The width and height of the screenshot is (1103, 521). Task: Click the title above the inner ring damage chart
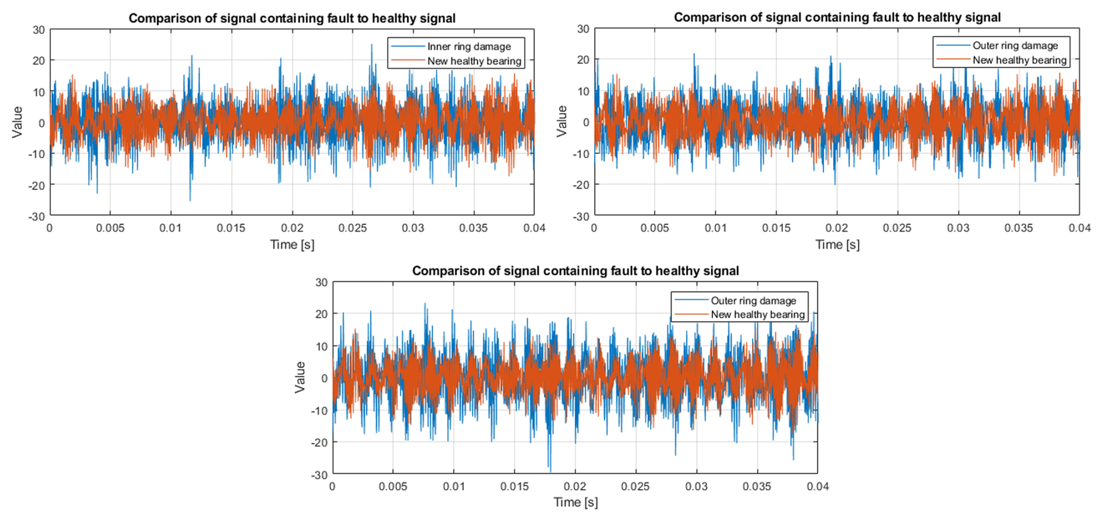[292, 18]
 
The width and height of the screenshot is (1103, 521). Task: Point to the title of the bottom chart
[575, 271]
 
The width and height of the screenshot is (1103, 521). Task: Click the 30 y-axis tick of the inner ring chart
[38, 29]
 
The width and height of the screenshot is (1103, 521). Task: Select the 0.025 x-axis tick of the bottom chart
[635, 487]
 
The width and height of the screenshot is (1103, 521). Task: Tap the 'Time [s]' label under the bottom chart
[575, 502]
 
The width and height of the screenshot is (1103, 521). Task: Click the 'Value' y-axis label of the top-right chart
[562, 121]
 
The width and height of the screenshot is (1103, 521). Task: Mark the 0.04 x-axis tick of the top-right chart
[1079, 228]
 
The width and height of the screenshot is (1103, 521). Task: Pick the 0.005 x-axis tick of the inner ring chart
[110, 228]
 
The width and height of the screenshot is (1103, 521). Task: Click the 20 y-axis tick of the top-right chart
[582, 60]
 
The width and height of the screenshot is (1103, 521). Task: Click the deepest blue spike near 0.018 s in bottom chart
[549, 470]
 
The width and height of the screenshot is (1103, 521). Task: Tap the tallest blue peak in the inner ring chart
[371, 44]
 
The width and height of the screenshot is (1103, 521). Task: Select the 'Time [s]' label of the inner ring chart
[292, 244]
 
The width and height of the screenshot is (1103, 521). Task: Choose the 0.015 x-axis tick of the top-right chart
[776, 228]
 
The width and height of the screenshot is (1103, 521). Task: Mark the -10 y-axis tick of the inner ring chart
[37, 154]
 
